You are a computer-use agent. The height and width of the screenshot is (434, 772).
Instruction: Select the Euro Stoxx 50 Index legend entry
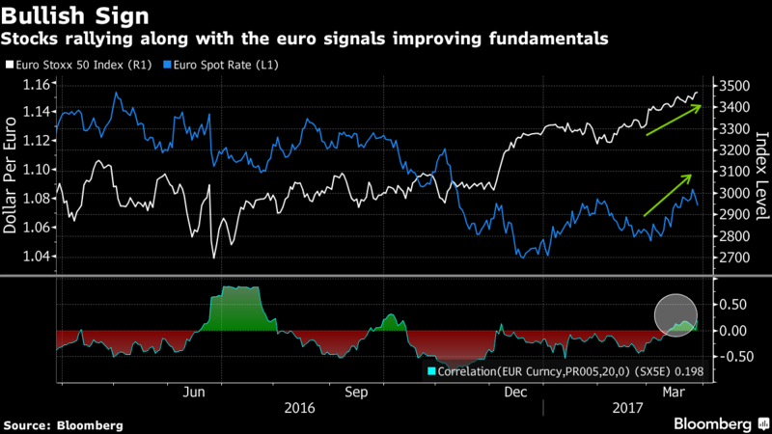pos(73,64)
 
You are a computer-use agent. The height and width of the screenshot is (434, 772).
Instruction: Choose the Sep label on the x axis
pos(356,393)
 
